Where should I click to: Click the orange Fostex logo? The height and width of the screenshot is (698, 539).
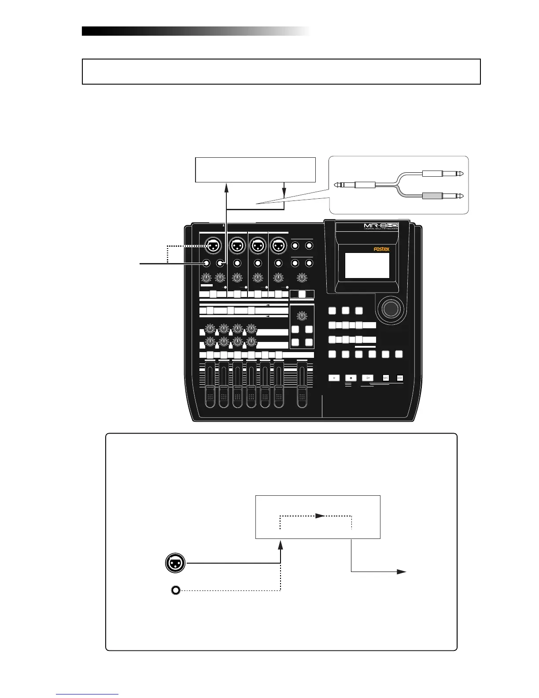point(381,249)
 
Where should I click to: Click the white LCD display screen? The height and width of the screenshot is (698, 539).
point(367,265)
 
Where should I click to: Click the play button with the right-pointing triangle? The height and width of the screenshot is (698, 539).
point(367,378)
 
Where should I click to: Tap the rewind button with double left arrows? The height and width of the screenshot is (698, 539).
point(385,378)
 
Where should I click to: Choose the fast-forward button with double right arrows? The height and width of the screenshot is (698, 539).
point(400,378)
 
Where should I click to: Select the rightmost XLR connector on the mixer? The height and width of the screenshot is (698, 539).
point(278,246)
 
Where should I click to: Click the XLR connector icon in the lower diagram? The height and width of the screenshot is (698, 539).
point(175,563)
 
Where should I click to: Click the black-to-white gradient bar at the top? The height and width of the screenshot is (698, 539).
point(196,31)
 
